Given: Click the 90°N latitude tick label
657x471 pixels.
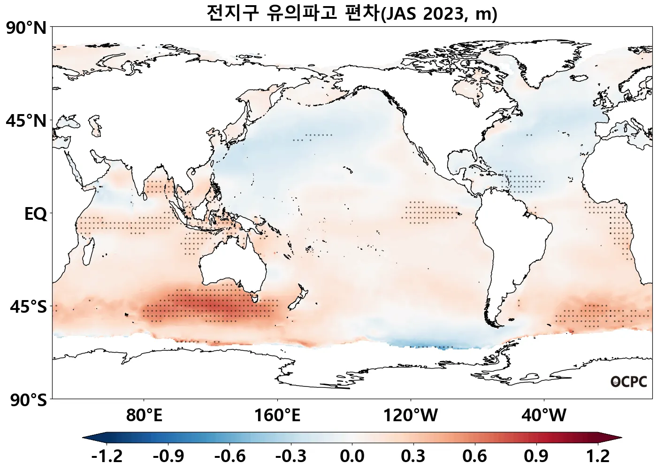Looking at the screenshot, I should tap(27, 28).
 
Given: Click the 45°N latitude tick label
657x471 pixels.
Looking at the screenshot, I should tap(27, 121).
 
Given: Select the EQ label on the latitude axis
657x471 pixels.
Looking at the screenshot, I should tap(36, 214).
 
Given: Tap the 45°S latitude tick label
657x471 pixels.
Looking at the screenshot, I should tap(28, 307).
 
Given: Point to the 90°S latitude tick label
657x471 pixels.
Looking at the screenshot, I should tap(28, 400).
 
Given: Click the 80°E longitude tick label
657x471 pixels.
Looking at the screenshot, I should tap(144, 415).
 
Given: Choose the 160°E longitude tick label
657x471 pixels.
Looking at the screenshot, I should tap(277, 415).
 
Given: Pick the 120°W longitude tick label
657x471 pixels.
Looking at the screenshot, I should tap(411, 415).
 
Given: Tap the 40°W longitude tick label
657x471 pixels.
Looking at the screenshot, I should tap(544, 415).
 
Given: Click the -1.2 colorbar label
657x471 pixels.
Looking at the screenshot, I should tap(107, 456).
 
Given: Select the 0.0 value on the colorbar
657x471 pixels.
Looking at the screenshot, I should tap(352, 456).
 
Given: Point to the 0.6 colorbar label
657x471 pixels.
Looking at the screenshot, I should tap(475, 456).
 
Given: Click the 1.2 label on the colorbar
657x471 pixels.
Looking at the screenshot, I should tap(598, 456).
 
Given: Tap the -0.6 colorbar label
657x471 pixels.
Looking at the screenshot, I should tap(229, 456).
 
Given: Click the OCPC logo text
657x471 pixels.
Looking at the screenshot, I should tap(629, 382).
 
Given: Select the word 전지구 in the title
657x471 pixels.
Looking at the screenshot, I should tap(233, 13).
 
